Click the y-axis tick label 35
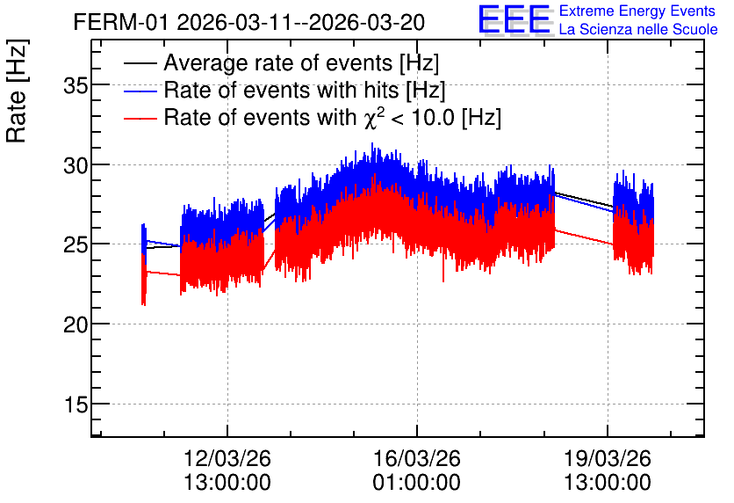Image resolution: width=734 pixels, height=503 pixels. [x=76, y=86]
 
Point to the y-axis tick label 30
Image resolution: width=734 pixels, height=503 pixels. [x=76, y=165]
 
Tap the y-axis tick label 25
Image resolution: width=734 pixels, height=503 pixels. [x=76, y=244]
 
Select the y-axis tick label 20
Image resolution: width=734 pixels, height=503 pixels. [x=76, y=324]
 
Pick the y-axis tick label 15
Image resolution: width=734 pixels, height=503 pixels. [x=76, y=405]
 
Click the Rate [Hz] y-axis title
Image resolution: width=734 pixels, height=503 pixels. [x=17, y=91]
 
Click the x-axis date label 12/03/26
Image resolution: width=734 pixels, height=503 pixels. [x=227, y=458]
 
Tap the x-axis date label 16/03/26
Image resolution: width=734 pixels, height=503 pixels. [x=417, y=458]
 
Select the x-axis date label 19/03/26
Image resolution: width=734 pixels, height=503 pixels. [x=608, y=458]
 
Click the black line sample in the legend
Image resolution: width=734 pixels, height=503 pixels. [x=140, y=63]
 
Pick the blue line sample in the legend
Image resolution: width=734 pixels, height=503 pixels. [x=140, y=91]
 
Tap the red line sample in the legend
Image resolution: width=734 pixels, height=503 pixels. [x=140, y=119]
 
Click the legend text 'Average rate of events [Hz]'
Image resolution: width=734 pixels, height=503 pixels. [x=301, y=63]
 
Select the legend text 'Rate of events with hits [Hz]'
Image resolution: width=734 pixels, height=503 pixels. [x=305, y=91]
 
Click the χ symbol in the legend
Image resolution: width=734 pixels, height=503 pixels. [x=370, y=119]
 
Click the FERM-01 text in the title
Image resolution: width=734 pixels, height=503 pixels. [x=120, y=22]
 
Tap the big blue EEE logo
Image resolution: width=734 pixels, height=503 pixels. [x=515, y=19]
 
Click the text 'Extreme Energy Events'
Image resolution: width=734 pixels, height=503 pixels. [x=637, y=11]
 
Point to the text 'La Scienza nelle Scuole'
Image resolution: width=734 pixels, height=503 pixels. [x=638, y=29]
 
